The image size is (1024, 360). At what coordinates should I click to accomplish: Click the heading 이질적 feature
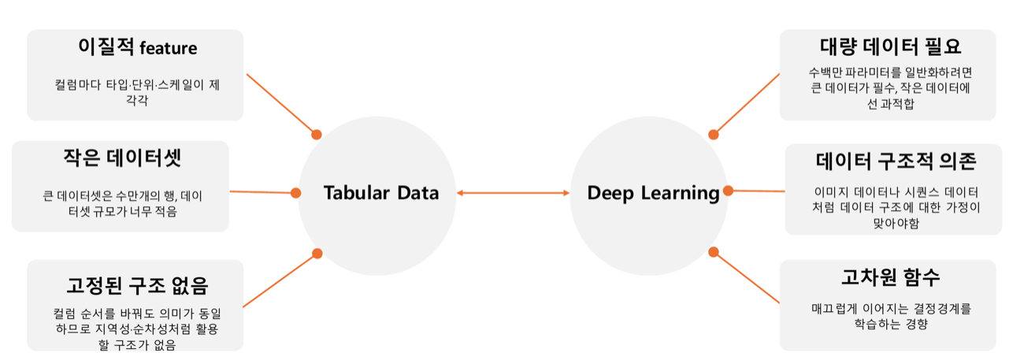coord(138,46)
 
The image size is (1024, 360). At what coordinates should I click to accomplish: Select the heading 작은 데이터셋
coord(122,158)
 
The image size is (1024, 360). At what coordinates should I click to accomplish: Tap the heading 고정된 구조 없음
coord(137,285)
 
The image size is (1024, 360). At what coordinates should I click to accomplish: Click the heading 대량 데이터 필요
coord(890,46)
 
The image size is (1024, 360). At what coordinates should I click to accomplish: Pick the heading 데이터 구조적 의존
coord(896,161)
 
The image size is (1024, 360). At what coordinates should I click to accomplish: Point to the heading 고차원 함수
coord(891,277)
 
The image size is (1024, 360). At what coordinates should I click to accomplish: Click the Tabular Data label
coord(381,192)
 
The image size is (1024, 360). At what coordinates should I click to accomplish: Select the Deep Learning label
coord(653,193)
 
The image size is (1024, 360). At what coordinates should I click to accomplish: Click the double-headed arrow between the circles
coord(513,193)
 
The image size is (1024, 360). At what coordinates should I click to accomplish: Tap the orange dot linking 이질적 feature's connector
coord(317,135)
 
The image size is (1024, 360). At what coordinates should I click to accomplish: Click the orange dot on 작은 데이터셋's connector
coord(295,193)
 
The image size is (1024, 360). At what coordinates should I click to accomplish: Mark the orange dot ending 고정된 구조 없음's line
coord(317,254)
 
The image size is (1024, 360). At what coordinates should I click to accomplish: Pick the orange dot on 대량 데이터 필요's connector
coord(713,135)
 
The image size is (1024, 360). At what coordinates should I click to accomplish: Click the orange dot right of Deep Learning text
coord(729,191)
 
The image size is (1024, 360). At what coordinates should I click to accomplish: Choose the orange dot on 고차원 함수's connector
coord(713,252)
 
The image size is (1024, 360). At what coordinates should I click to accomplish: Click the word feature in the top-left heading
coord(169,48)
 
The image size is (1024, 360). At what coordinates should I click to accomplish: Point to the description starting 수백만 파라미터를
coord(890,87)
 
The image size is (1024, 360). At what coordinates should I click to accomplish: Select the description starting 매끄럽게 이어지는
coord(891,316)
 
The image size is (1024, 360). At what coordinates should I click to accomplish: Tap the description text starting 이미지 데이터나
coord(896,208)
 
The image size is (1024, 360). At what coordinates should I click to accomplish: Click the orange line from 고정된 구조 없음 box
coord(280,280)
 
